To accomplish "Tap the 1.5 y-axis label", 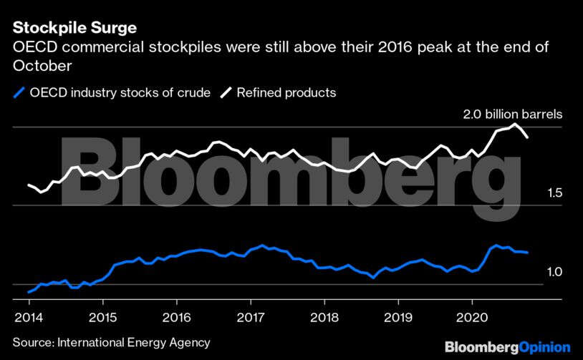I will (x=554, y=193).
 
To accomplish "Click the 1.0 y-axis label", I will (x=554, y=272).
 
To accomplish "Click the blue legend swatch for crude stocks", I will (x=19, y=92).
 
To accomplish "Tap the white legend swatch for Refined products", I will (x=226, y=92).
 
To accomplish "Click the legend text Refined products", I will (x=286, y=92).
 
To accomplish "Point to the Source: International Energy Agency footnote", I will (x=111, y=343).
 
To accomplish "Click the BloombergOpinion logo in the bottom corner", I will (x=507, y=346).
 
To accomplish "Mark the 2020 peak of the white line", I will (x=514, y=125).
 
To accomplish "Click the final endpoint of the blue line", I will (x=528, y=252).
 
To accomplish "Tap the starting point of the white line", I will (x=29, y=185).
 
